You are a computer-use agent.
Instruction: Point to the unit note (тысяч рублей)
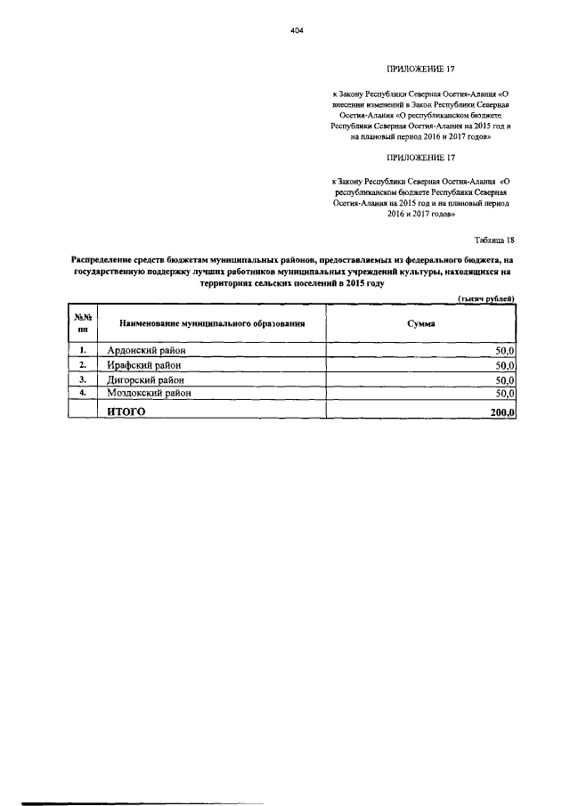pyautogui.click(x=486, y=299)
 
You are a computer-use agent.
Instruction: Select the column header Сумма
pyautogui.click(x=420, y=325)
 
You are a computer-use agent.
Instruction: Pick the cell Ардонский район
pyautogui.click(x=147, y=351)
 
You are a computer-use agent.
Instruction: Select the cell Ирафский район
pyautogui.click(x=145, y=365)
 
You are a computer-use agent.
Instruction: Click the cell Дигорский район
pyautogui.click(x=149, y=379)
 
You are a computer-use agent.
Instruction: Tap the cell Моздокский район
pyautogui.click(x=151, y=393)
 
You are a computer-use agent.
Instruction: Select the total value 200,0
pyautogui.click(x=502, y=411)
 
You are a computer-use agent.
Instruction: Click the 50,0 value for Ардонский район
pyautogui.click(x=506, y=352)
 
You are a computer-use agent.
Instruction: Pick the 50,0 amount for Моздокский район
pyautogui.click(x=506, y=393)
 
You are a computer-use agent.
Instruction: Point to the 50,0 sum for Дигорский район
pyautogui.click(x=506, y=379)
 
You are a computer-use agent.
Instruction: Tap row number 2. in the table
pyautogui.click(x=82, y=365)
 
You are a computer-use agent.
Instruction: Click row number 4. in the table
pyautogui.click(x=82, y=393)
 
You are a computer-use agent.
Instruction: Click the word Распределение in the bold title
pyautogui.click(x=103, y=259)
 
